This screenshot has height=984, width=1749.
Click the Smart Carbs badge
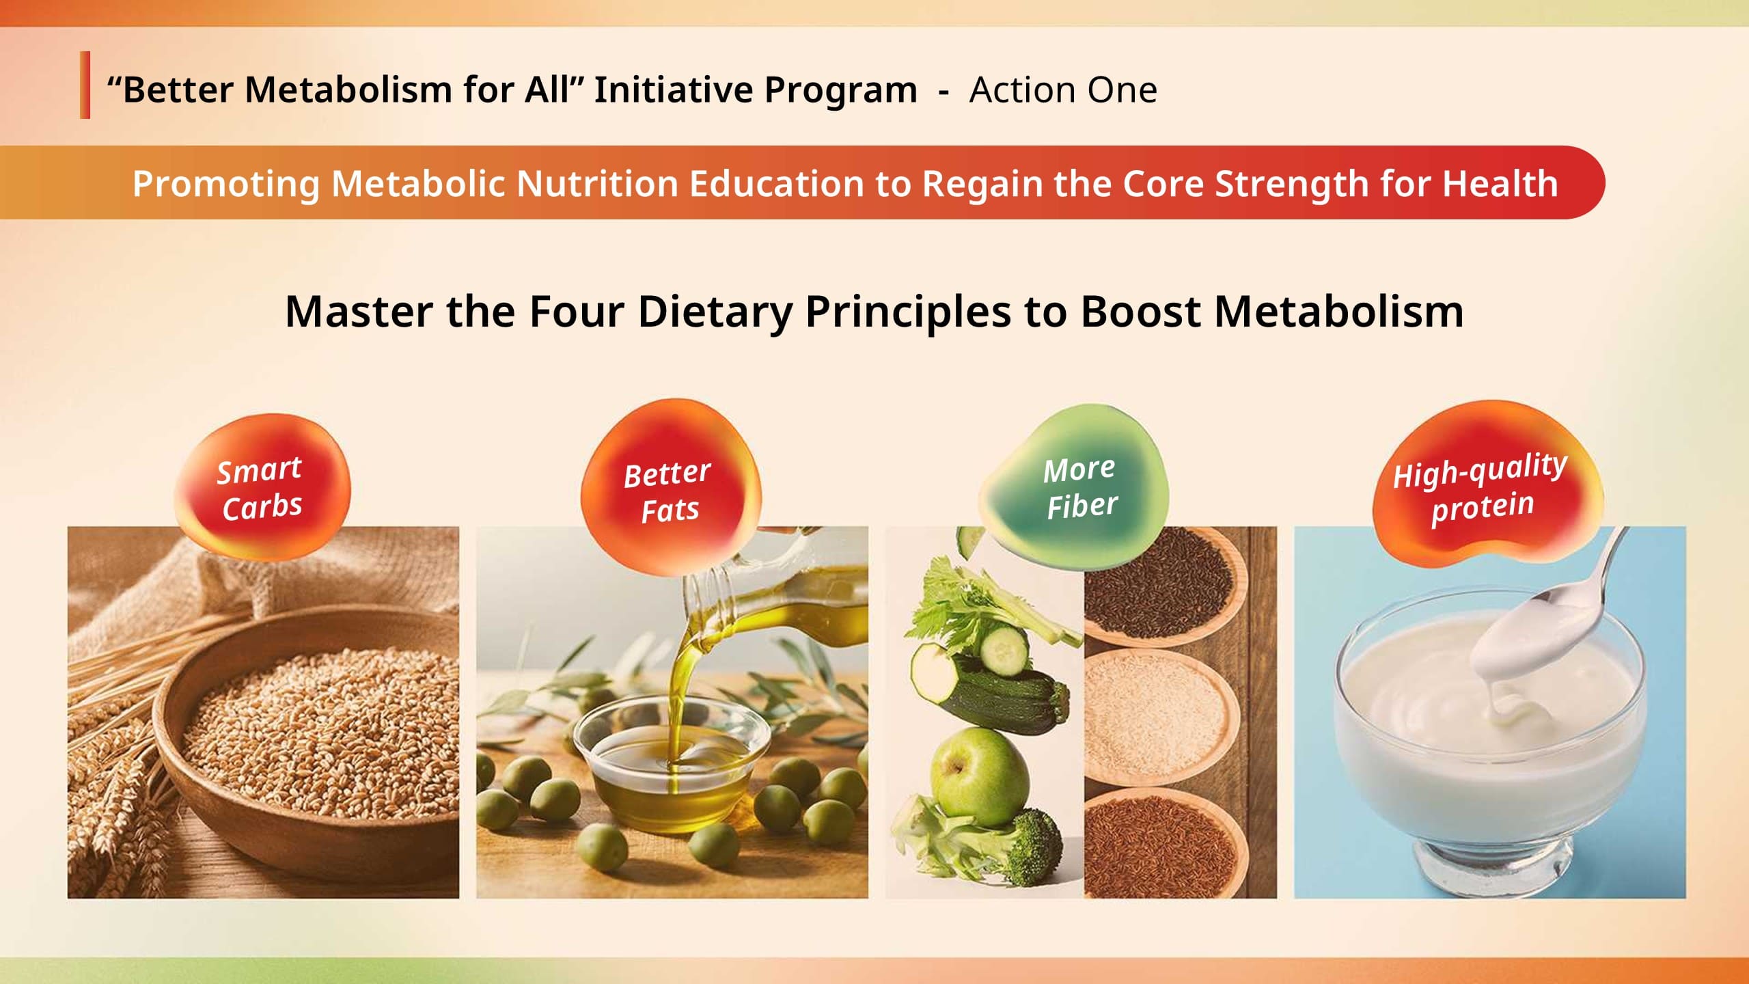click(262, 487)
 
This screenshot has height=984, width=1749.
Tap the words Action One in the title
click(1063, 90)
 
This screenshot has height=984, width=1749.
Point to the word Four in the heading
click(577, 312)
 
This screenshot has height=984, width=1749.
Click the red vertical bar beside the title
click(85, 85)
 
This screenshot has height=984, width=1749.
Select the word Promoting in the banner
click(225, 183)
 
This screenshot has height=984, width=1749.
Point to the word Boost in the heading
click(1139, 312)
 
